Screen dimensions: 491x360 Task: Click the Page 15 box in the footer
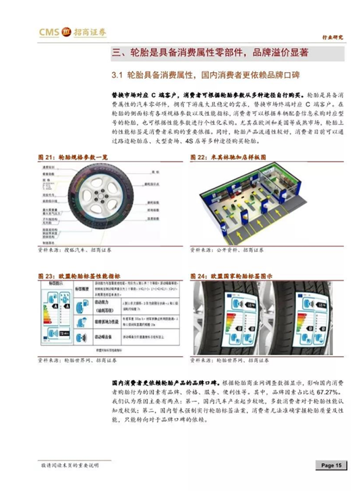click(x=332, y=465)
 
